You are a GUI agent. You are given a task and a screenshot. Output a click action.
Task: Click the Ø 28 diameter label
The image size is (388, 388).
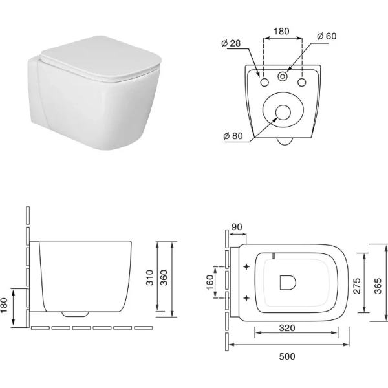coord(231,43)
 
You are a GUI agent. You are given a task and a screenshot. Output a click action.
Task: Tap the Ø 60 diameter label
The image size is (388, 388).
coord(327,36)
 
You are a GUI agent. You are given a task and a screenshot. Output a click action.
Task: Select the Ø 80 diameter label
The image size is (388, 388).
coord(233,136)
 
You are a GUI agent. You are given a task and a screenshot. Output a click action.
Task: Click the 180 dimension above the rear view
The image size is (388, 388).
coord(281,31)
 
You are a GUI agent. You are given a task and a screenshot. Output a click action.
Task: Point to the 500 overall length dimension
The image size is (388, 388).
coord(287,356)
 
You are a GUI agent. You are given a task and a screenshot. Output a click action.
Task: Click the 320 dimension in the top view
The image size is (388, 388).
coord(287,328)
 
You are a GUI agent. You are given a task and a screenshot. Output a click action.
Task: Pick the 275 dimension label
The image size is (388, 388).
coord(356,286)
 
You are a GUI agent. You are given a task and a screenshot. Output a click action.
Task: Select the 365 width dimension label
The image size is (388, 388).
coord(378,286)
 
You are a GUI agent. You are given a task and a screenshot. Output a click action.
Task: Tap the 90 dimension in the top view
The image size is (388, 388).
coord(237,227)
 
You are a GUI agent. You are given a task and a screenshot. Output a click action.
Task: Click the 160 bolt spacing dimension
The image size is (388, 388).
coord(210,283)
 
